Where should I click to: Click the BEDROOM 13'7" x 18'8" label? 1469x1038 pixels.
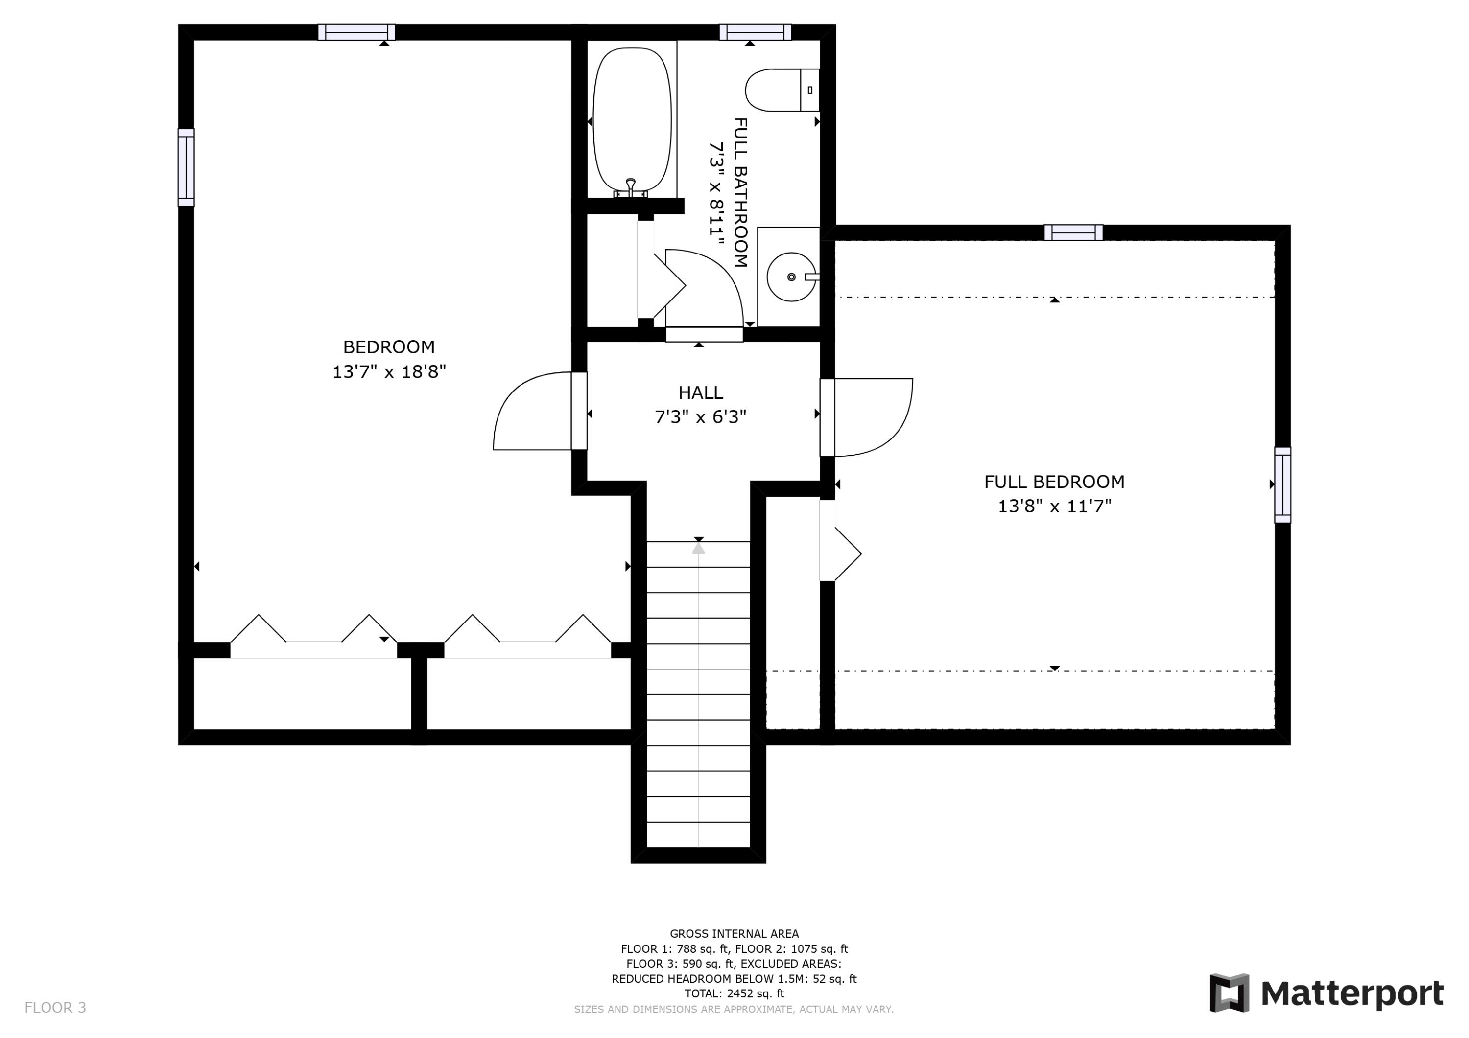pyautogui.click(x=389, y=359)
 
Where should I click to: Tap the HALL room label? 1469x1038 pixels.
pyautogui.click(x=701, y=392)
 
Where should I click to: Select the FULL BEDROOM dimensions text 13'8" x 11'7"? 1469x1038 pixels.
pyautogui.click(x=1054, y=507)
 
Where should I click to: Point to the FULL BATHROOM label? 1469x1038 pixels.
pyautogui.click(x=740, y=192)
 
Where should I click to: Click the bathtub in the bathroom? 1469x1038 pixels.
pyautogui.click(x=632, y=121)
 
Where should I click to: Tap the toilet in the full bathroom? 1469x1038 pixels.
pyautogui.click(x=782, y=90)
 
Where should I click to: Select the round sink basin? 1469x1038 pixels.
pyautogui.click(x=791, y=277)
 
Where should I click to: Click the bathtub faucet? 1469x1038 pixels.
pyautogui.click(x=631, y=189)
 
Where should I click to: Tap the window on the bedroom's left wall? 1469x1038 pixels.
pyautogui.click(x=186, y=167)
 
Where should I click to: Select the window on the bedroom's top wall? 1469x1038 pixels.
pyautogui.click(x=356, y=32)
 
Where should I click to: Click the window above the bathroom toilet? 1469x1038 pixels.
pyautogui.click(x=755, y=32)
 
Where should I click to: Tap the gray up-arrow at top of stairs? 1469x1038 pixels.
pyautogui.click(x=699, y=548)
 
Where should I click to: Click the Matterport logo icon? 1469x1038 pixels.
pyautogui.click(x=1229, y=993)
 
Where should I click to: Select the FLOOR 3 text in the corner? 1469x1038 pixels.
pyautogui.click(x=55, y=1008)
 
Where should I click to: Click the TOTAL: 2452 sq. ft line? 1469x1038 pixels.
pyautogui.click(x=734, y=994)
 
